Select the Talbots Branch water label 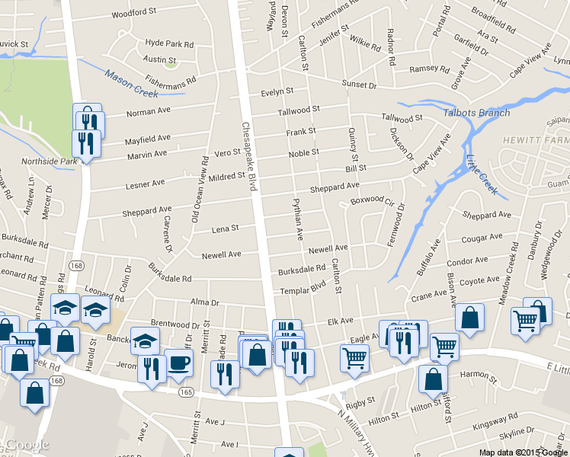tap(476, 113)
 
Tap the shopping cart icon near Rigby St tap(354, 357)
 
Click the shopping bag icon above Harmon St tap(433, 378)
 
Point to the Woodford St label tap(133, 13)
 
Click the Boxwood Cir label tap(371, 202)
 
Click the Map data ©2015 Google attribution tap(524, 452)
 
